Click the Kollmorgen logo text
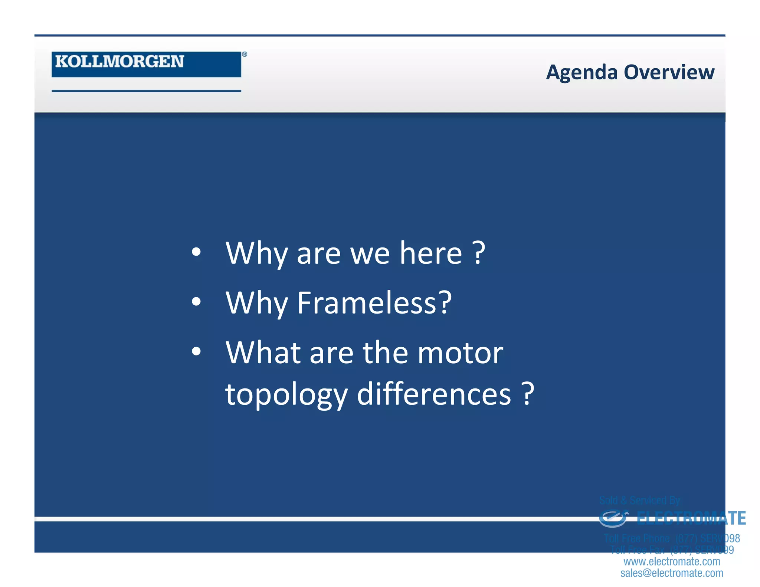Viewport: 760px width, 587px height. pyautogui.click(x=119, y=62)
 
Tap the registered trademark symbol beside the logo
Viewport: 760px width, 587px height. pyautogui.click(x=245, y=54)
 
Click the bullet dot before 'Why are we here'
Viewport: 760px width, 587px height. pyautogui.click(x=196, y=253)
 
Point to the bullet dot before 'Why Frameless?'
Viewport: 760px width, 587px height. pyautogui.click(x=196, y=302)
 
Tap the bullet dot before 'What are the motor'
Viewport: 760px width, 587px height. pyautogui.click(x=196, y=351)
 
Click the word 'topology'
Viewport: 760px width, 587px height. pyautogui.click(x=286, y=395)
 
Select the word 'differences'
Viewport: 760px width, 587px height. pyautogui.click(x=434, y=394)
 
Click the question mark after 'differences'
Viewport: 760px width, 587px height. pyautogui.click(x=528, y=394)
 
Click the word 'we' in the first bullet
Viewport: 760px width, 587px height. pyautogui.click(x=370, y=254)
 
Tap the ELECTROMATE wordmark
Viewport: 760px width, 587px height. pyautogui.click(x=691, y=518)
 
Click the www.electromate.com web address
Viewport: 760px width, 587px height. pyautogui.click(x=672, y=561)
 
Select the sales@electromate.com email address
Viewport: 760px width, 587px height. pyautogui.click(x=672, y=573)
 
